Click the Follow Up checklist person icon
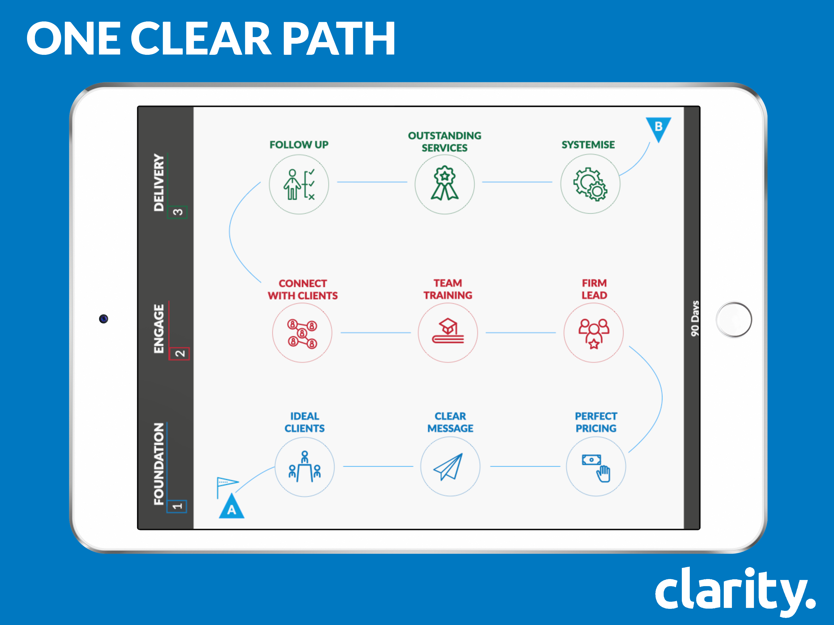[299, 184]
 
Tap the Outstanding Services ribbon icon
[445, 183]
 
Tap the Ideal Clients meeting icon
[305, 466]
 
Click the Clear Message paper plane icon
[448, 467]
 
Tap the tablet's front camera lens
[104, 319]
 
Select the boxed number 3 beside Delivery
[178, 212]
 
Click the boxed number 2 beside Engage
[179, 353]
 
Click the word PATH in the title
[339, 38]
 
